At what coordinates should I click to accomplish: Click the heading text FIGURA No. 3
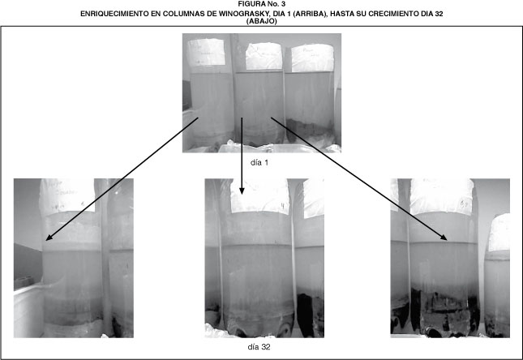click(x=261, y=4)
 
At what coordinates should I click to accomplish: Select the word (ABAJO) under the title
click(x=261, y=21)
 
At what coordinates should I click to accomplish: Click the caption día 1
click(x=259, y=162)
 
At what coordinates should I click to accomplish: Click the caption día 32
click(x=259, y=347)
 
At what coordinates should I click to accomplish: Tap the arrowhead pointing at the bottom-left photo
click(x=49, y=238)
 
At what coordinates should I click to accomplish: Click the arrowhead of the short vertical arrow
click(x=242, y=191)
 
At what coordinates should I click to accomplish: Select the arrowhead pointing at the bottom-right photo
click(x=444, y=238)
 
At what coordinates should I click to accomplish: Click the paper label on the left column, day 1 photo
click(x=207, y=52)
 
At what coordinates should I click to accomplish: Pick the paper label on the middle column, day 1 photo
click(x=264, y=56)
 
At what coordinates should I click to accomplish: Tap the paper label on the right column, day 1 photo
click(x=312, y=58)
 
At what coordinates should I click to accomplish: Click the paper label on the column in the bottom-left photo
click(x=67, y=195)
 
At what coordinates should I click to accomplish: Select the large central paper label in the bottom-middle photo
click(x=259, y=196)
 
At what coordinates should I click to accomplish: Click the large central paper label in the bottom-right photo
click(x=442, y=197)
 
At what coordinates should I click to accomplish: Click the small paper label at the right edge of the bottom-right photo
click(x=499, y=232)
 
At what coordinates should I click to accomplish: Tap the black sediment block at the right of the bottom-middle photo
click(x=306, y=315)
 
